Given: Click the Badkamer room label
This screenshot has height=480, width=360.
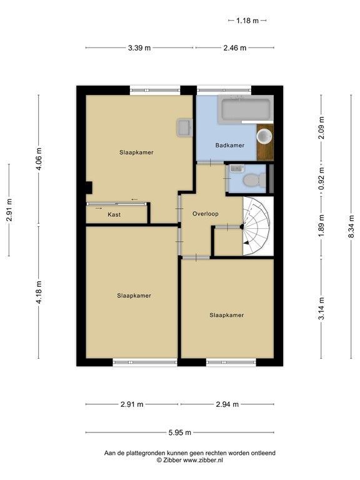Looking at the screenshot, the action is [229, 145].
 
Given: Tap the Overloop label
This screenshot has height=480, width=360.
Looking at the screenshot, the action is [206, 214].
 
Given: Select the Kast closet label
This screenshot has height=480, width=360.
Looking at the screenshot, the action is [114, 214].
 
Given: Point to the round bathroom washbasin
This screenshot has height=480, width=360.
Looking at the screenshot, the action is [264, 136].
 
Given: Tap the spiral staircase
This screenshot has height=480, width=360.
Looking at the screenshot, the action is [256, 226].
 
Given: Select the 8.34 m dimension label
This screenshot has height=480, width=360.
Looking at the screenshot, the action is [351, 226].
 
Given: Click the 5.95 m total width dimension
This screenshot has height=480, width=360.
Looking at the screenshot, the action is [180, 432].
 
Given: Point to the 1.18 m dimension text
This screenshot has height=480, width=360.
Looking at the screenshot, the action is [247, 21].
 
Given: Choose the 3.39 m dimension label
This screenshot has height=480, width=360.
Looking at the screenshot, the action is [139, 47].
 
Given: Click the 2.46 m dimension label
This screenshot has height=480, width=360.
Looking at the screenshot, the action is [235, 47].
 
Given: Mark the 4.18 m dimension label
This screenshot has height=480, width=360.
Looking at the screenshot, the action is [39, 292].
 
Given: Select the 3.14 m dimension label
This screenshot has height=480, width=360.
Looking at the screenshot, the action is [321, 308].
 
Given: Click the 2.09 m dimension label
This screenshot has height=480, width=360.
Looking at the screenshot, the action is [321, 127].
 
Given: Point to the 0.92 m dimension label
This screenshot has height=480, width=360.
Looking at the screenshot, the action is [321, 178].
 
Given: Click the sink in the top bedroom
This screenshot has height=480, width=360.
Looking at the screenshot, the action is [184, 127].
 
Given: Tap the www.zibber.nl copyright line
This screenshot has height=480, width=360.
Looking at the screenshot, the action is [190, 460].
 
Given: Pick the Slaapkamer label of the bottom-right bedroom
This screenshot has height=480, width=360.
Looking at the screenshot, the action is [226, 315].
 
